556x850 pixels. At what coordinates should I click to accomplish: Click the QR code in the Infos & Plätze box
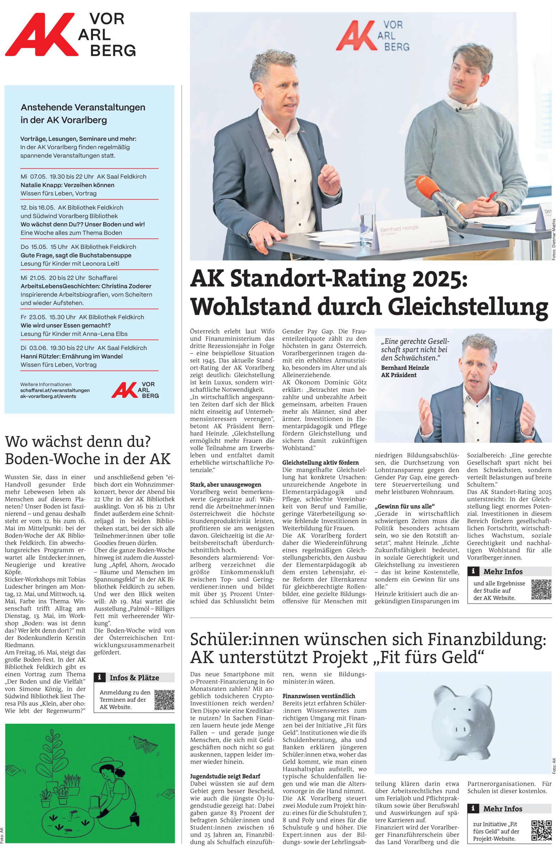(x=164, y=700)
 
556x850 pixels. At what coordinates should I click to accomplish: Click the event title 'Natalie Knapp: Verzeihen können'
(x=67, y=185)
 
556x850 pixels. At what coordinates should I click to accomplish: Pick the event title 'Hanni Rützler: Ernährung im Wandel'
(x=72, y=357)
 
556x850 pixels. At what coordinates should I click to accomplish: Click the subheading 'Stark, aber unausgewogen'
(x=225, y=485)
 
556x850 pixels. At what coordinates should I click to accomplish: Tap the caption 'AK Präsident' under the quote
(x=398, y=375)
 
